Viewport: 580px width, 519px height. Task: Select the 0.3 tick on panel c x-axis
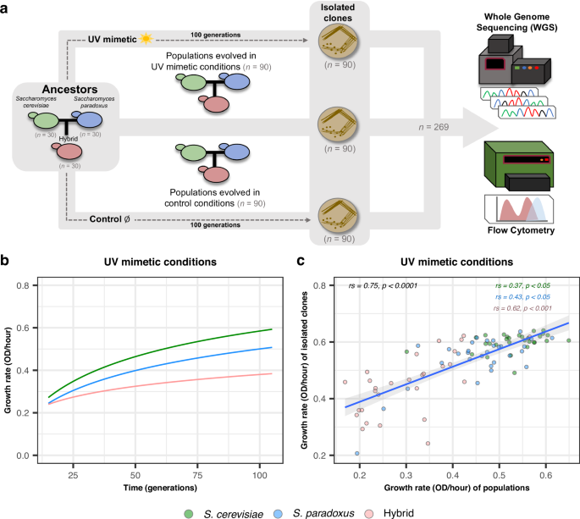coord(406,467)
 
